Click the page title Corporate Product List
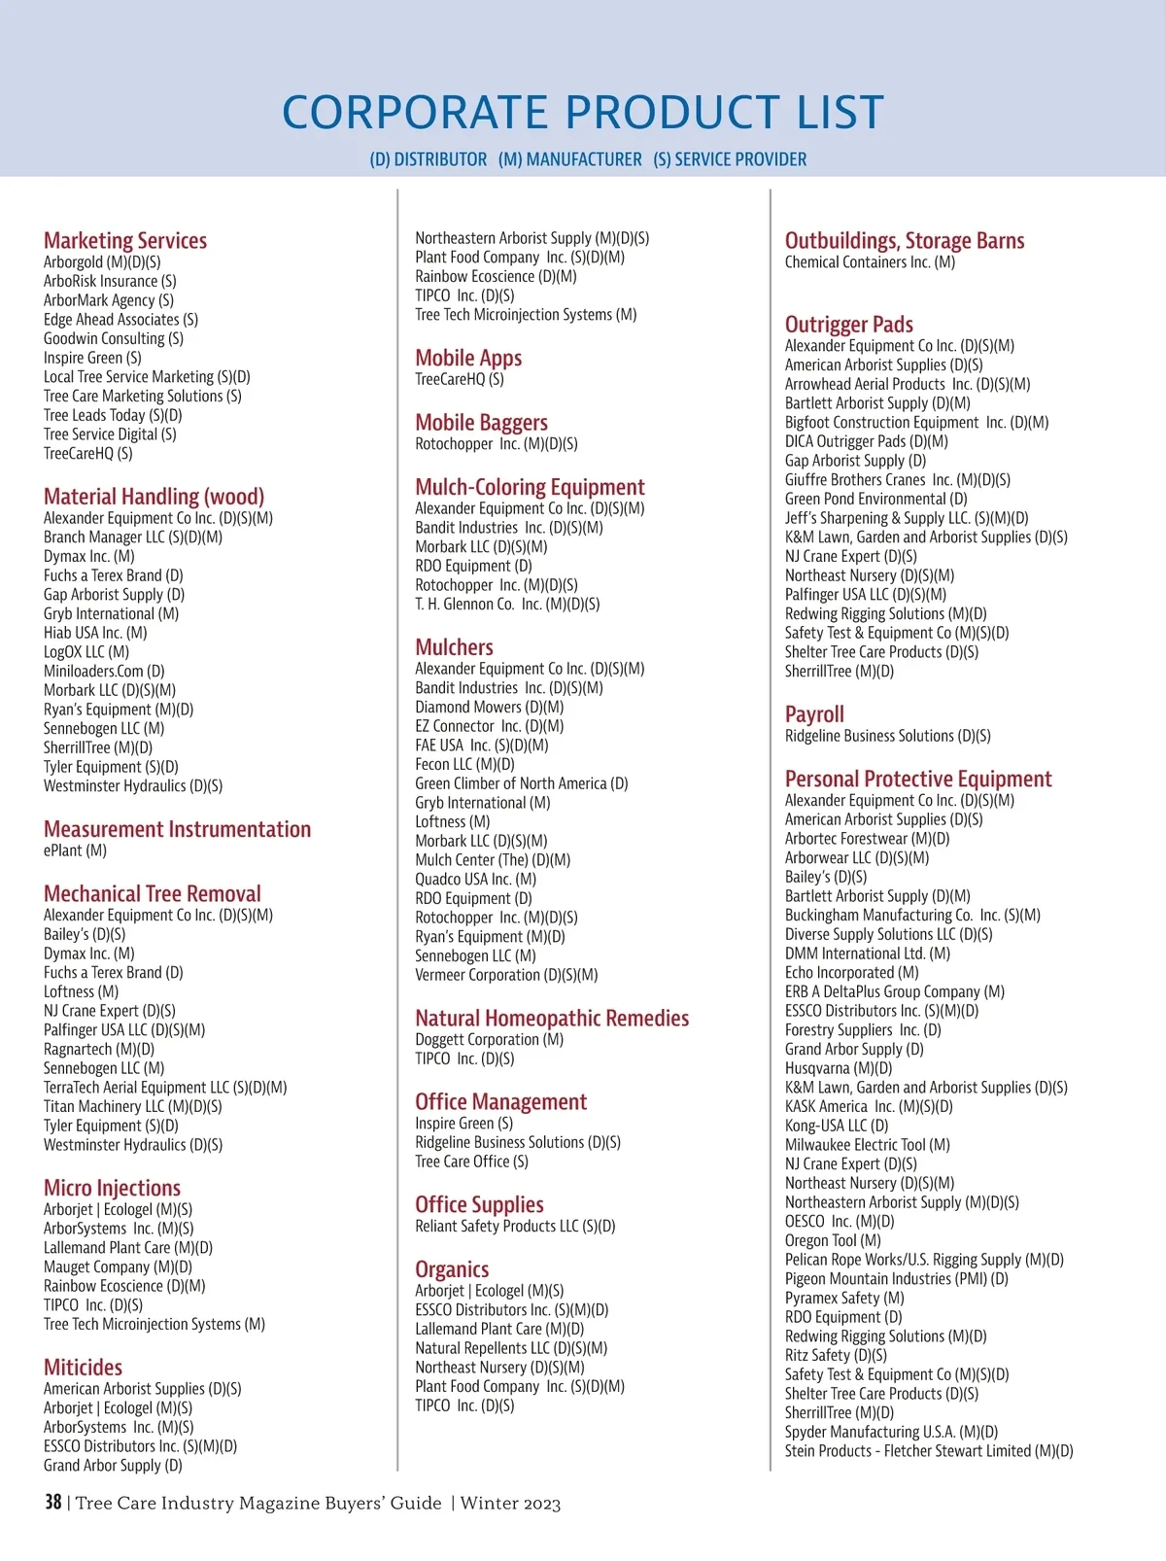[583, 112]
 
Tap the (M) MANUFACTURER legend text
[569, 159]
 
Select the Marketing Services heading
[125, 240]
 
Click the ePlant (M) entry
[75, 850]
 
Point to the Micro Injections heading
[112, 1188]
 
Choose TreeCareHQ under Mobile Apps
[459, 379]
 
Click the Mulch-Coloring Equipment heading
[530, 487]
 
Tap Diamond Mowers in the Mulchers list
[489, 707]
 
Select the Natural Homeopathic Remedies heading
[552, 1018]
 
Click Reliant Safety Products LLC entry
[515, 1226]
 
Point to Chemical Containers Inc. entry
[870, 261]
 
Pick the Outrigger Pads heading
[848, 324]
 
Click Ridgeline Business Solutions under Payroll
[887, 736]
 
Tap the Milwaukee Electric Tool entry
[867, 1145]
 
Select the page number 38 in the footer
[53, 1503]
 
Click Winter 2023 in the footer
[510, 1504]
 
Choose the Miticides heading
[83, 1367]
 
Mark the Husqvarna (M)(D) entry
[838, 1068]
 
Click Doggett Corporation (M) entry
[489, 1039]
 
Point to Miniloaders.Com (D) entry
[104, 671]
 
